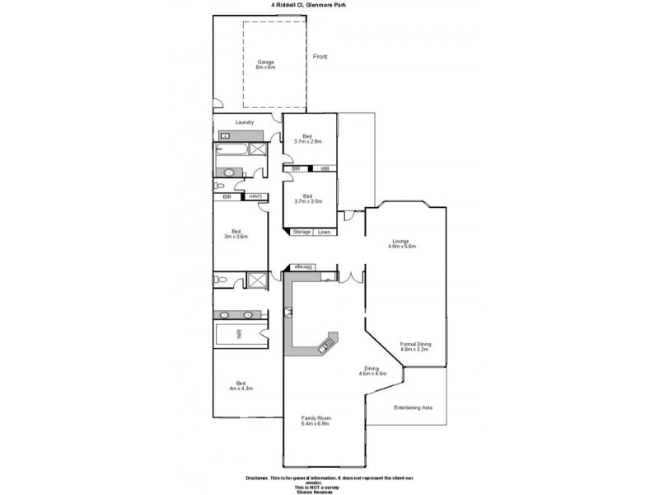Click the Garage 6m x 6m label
264,64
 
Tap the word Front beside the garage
320,56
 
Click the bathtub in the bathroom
231,150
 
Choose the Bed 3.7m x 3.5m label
307,199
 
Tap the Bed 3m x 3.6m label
236,233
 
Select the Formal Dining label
415,346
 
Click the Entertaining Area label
413,408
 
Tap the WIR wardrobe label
240,336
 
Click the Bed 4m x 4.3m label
240,385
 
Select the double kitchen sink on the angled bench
327,342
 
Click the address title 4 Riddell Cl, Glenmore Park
329,4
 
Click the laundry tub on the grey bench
225,134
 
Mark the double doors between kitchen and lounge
352,276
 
